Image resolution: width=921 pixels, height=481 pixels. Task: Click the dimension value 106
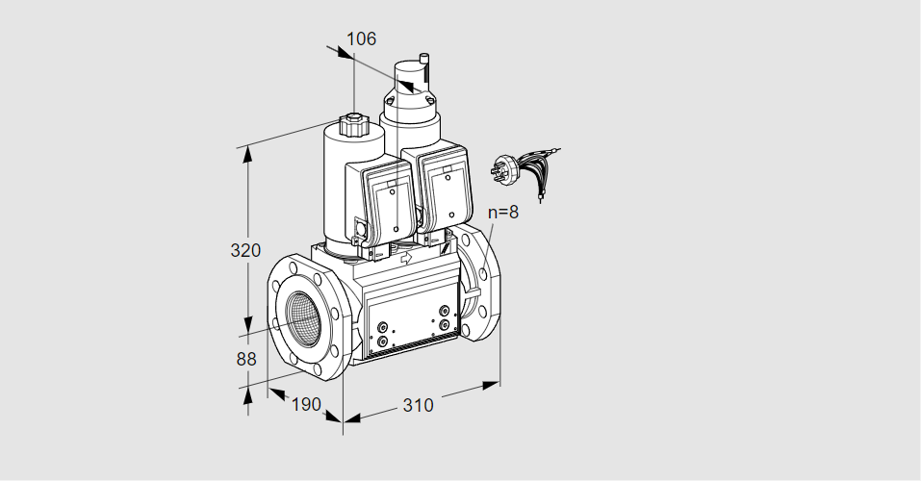361,38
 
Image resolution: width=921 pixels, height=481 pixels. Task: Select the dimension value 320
245,251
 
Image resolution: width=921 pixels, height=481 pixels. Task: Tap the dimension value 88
246,359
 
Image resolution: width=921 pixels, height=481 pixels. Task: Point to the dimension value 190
306,404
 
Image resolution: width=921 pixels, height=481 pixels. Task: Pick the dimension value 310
418,405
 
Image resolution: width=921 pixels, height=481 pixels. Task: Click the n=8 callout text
503,212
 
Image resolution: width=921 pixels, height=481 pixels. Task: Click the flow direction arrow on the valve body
406,257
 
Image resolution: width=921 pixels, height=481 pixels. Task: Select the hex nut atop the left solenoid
351,125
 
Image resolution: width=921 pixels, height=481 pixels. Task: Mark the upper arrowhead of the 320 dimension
248,155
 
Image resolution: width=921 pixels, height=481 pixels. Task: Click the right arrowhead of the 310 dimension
491,385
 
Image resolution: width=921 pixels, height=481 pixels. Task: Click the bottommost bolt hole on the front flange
318,369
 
